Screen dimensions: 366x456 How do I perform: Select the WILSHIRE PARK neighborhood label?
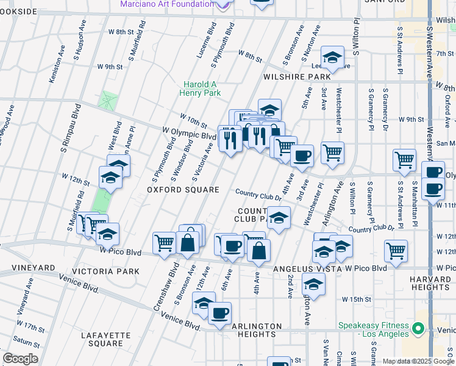[296, 77]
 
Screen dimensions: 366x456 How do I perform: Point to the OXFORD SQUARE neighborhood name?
[183, 190]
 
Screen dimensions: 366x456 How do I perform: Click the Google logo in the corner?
[20, 359]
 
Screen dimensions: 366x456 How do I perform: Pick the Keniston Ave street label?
[59, 56]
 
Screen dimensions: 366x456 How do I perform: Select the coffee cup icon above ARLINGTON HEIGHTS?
[219, 314]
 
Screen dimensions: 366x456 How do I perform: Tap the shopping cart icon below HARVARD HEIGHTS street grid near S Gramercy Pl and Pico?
[396, 250]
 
